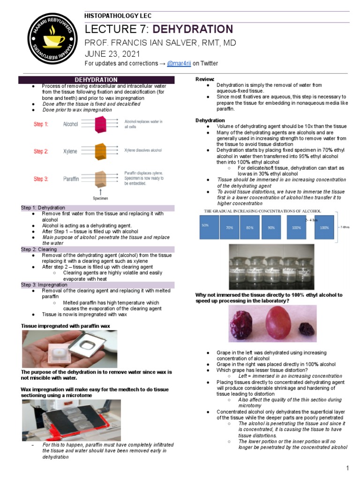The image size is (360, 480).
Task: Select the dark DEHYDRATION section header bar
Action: tap(96, 80)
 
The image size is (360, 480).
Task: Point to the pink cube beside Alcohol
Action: tap(101, 125)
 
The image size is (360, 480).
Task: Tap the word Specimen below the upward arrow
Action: tap(101, 198)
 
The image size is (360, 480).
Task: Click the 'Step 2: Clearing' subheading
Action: tap(39, 249)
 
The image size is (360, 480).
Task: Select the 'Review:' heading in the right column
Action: tap(205, 79)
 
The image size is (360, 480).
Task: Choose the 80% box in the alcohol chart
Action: tap(250, 227)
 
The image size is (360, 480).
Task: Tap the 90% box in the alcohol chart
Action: tap(271, 227)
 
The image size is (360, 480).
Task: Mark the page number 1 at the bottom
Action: tap(347, 468)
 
